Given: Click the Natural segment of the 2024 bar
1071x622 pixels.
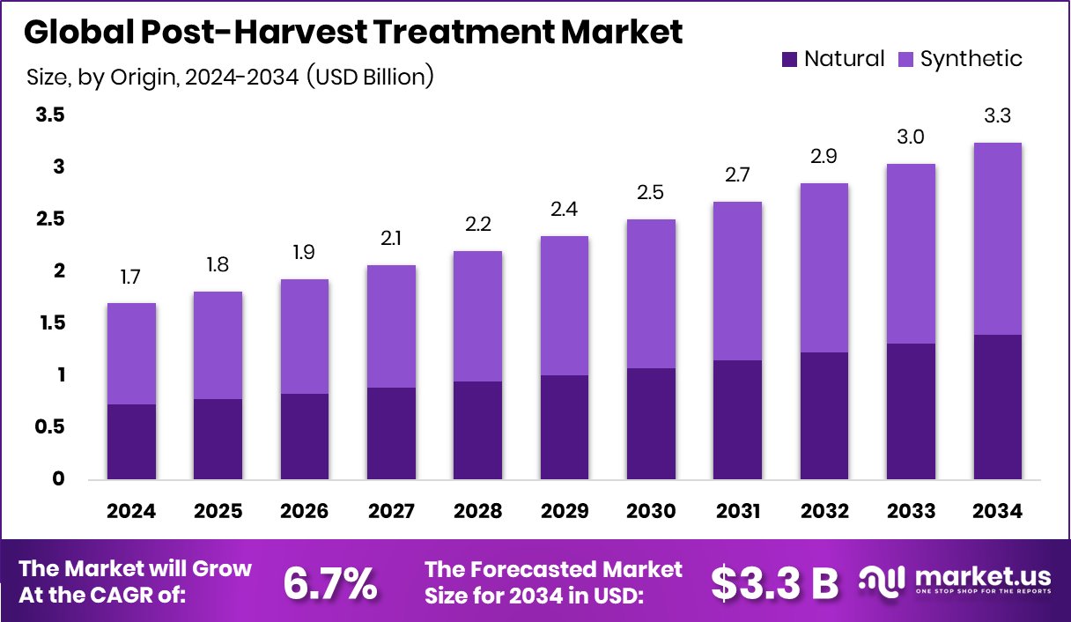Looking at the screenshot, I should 132,441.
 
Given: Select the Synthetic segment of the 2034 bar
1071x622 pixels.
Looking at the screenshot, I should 997,239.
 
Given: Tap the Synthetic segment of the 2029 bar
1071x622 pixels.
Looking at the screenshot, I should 565,306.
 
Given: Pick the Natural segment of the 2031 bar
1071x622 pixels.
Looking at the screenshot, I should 737,419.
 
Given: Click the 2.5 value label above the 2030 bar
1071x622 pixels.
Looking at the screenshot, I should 651,193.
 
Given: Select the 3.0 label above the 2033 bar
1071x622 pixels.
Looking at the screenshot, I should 911,138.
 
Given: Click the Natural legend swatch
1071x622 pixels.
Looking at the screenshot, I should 789,60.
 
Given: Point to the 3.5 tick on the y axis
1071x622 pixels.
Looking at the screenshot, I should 49,115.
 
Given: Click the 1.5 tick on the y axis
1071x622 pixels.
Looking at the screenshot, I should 49,323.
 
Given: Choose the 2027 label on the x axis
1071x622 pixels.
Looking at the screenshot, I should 392,511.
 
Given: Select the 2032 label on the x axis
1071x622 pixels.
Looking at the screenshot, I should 824,511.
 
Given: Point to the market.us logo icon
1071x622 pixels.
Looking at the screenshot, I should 882,581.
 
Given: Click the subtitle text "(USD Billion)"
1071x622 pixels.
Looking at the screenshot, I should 370,78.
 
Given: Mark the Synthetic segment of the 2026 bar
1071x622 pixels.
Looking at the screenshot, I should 305,337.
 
